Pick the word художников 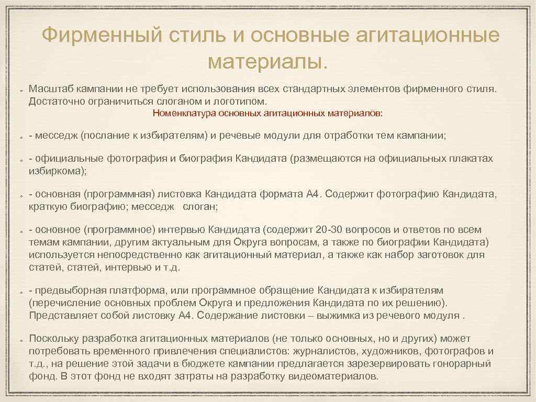pyautogui.click(x=396, y=351)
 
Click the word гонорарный pyautogui.click(x=463, y=364)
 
